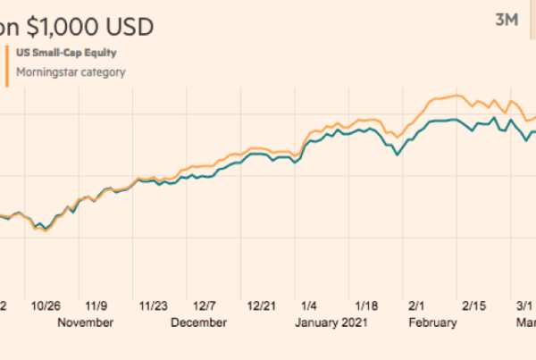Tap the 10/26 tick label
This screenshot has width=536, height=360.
click(43, 304)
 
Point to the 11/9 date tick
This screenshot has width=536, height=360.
click(96, 304)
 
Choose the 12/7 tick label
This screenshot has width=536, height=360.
click(207, 304)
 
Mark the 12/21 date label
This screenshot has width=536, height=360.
click(264, 304)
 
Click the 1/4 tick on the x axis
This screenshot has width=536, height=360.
click(310, 304)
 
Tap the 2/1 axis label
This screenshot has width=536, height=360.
click(415, 304)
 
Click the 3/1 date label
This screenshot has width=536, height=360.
click(519, 304)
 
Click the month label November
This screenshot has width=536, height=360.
click(85, 322)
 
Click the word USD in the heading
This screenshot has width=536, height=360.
click(131, 26)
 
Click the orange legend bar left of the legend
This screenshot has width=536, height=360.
click(8, 63)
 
